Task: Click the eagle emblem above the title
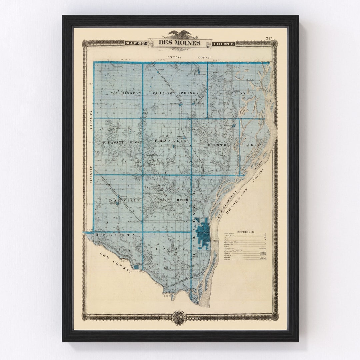[180, 34]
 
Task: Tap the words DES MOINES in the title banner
[179, 43]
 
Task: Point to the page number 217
[269, 38]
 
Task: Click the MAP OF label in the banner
[136, 43]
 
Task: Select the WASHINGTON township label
[126, 93]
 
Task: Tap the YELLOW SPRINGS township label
[176, 93]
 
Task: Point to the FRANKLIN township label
[170, 141]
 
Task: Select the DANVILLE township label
[120, 200]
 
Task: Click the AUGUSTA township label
[115, 235]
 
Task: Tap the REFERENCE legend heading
[245, 232]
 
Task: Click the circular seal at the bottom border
[179, 318]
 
